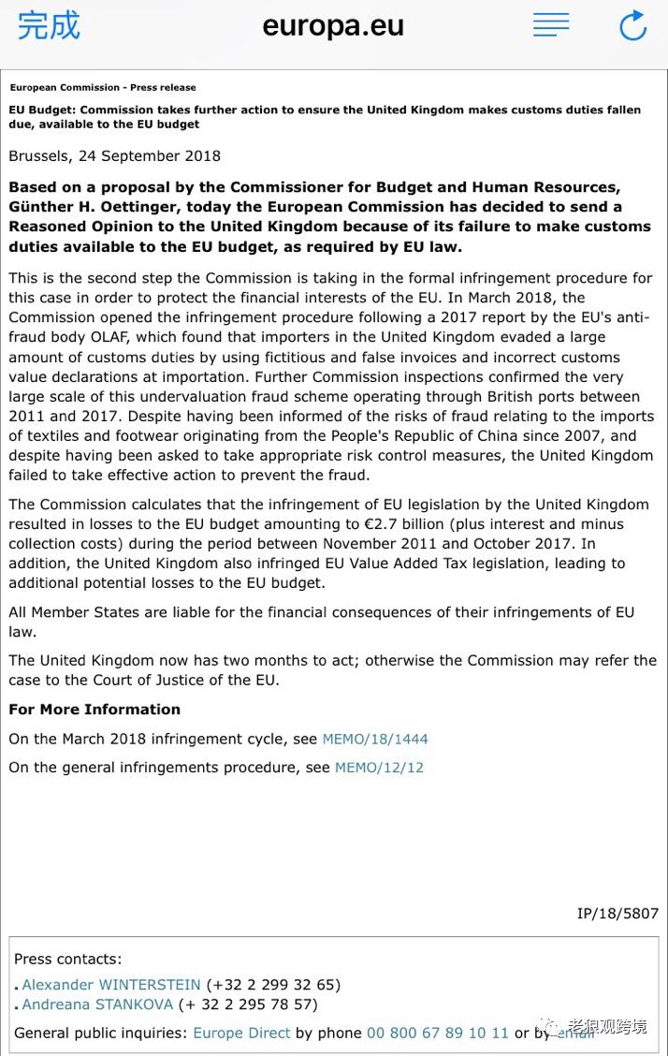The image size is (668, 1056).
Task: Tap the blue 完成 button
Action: pyautogui.click(x=49, y=25)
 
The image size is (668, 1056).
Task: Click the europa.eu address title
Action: pyautogui.click(x=333, y=25)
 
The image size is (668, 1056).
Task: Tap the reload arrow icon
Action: pyautogui.click(x=632, y=25)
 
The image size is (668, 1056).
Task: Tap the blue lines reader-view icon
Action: pyautogui.click(x=551, y=24)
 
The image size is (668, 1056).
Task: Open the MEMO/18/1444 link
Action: pyautogui.click(x=375, y=739)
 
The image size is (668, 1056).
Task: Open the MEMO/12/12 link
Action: pyautogui.click(x=379, y=767)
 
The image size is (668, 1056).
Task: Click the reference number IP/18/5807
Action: pyautogui.click(x=617, y=913)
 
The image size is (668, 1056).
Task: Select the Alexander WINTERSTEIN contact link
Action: pyautogui.click(x=111, y=984)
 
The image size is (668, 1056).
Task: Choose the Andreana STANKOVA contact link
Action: pyautogui.click(x=97, y=1005)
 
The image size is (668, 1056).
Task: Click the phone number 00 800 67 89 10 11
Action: pyautogui.click(x=437, y=1033)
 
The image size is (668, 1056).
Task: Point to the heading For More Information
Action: pyautogui.click(x=94, y=710)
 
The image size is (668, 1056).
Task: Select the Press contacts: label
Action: pyautogui.click(x=67, y=959)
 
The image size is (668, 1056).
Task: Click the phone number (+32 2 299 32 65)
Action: pyautogui.click(x=273, y=984)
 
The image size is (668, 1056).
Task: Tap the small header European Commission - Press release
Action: pyautogui.click(x=103, y=87)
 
